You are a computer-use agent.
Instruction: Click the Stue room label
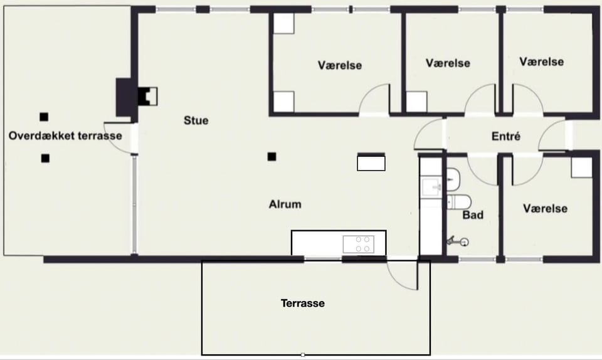[x=196, y=120]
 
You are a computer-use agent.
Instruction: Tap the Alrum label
[x=285, y=204]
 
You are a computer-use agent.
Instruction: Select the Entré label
[x=506, y=136]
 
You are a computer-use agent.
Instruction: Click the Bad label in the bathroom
[x=473, y=215]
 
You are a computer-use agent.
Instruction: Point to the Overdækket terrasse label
[x=65, y=135]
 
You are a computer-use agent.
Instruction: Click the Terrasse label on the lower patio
[x=302, y=303]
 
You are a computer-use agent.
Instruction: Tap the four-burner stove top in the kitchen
[x=359, y=244]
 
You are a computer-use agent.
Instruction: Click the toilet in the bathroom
[x=459, y=202]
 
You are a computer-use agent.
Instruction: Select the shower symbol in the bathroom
[x=458, y=241]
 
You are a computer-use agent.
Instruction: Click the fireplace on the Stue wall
[x=148, y=97]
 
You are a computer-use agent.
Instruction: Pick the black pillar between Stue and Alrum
[x=272, y=157]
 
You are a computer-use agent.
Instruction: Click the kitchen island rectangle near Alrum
[x=371, y=162]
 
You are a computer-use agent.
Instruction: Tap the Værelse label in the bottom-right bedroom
[x=545, y=208]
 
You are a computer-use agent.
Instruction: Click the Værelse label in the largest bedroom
[x=340, y=65]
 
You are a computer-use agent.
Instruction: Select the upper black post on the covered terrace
[x=44, y=117]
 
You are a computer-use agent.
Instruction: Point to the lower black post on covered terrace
[x=45, y=158]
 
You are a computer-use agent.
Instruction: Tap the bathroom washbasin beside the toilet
[x=453, y=179]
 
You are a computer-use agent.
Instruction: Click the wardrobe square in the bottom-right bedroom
[x=581, y=167]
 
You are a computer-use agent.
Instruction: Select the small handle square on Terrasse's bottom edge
[x=303, y=355]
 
